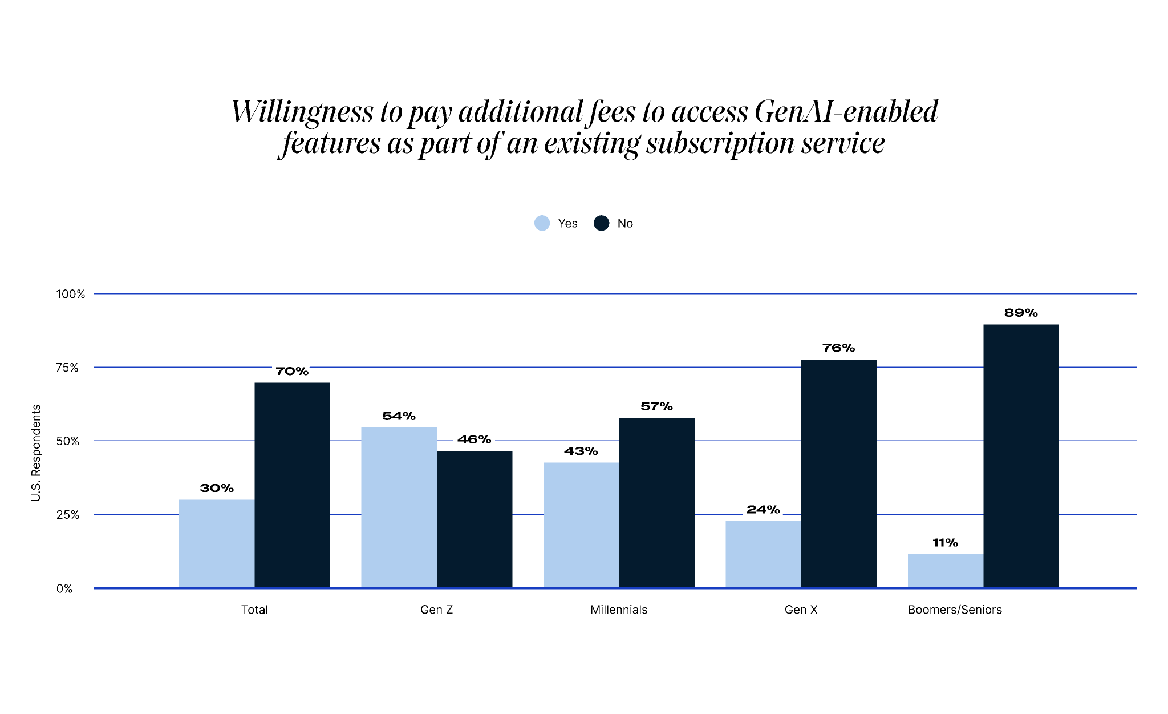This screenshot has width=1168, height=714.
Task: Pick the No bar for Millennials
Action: [656, 502]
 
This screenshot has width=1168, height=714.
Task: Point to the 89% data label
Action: [1021, 313]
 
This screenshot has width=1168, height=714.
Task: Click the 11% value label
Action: [945, 543]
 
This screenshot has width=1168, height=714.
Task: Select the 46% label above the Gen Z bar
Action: [474, 439]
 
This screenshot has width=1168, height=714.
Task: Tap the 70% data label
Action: [292, 372]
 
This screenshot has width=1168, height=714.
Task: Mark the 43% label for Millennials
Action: [581, 451]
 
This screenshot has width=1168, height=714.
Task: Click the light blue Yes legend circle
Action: [542, 223]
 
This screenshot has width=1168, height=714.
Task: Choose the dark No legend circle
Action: [601, 223]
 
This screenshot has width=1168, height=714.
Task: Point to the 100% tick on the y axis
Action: [70, 294]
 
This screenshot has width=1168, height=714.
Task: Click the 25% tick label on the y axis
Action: [67, 515]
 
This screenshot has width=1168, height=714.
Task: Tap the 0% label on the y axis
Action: [64, 588]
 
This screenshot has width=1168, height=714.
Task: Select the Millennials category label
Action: [619, 610]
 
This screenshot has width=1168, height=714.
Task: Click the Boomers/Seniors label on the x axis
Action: [955, 610]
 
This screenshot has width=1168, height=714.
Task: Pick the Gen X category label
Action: [801, 610]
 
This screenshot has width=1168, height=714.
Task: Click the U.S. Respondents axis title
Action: [36, 453]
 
